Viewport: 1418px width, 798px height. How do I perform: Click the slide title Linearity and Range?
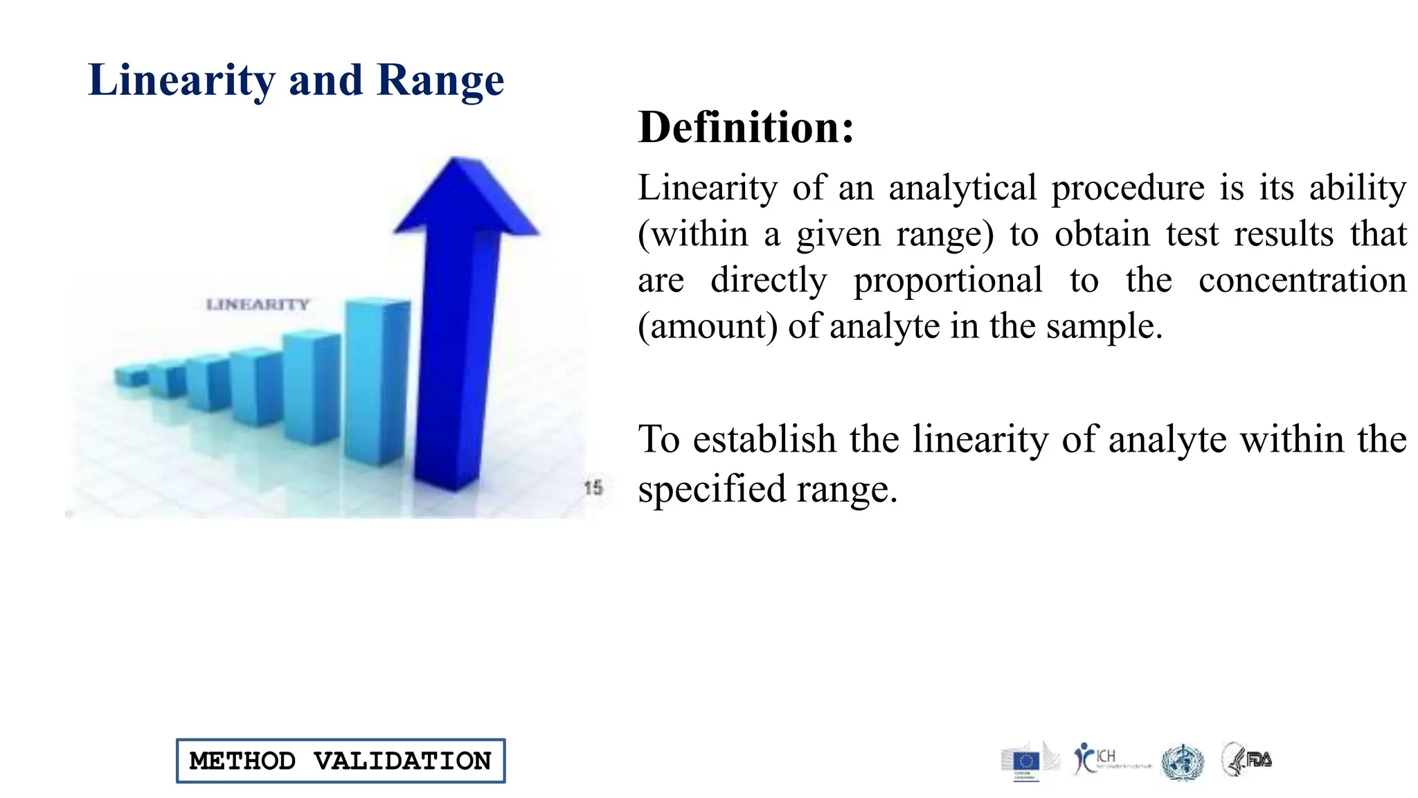(296, 80)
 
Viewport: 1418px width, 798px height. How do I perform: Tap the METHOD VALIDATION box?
(341, 761)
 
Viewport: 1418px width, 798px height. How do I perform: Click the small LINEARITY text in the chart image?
(258, 304)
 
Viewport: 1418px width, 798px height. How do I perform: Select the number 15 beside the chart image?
(593, 488)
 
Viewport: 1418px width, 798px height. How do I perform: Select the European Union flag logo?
(1025, 762)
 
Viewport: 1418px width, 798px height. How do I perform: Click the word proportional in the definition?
(947, 281)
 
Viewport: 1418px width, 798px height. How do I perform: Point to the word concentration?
(1302, 281)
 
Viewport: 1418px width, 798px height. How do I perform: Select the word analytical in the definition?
(962, 188)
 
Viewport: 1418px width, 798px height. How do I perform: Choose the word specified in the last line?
(711, 490)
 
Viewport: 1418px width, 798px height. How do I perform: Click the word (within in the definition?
(693, 234)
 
